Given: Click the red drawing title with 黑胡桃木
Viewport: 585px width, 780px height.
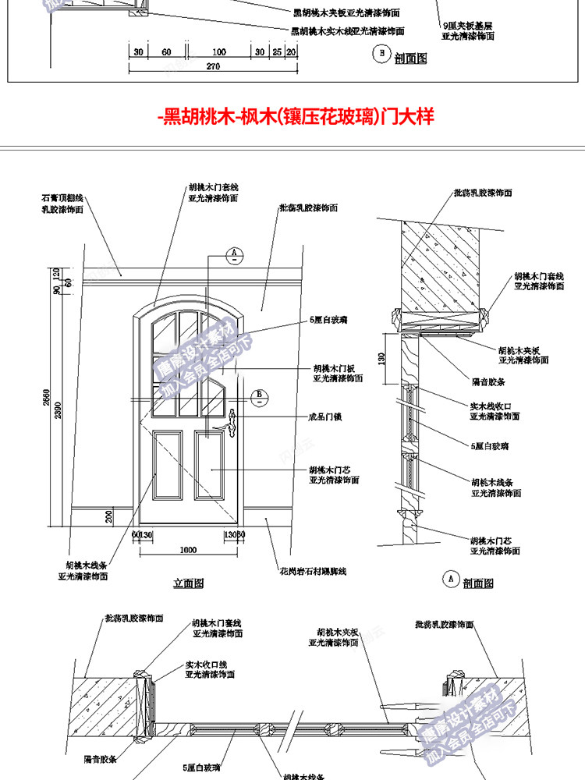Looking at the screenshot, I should (x=294, y=117).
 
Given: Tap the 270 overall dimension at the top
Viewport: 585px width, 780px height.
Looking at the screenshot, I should (x=212, y=66).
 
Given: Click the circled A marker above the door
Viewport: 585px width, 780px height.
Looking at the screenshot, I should (x=234, y=253).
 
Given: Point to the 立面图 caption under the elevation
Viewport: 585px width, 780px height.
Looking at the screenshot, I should (x=188, y=582).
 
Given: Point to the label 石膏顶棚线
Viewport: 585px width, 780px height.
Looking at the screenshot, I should (x=63, y=200).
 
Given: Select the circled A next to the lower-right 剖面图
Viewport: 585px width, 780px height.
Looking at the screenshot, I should (x=449, y=579).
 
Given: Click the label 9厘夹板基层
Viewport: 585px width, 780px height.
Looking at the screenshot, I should (x=466, y=25).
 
